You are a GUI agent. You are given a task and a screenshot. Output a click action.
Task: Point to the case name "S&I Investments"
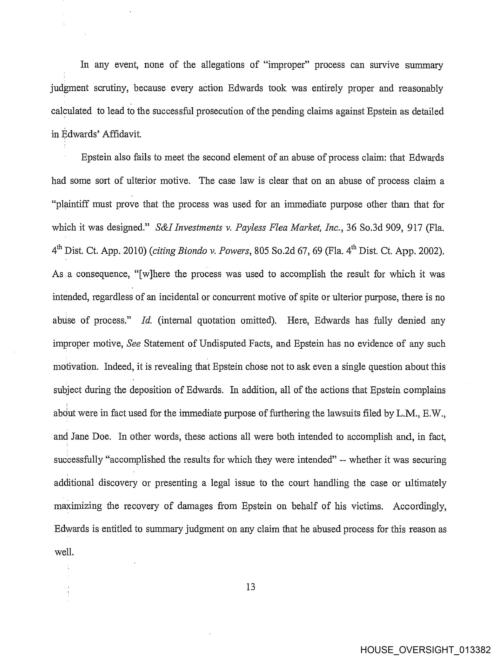pos(189,228)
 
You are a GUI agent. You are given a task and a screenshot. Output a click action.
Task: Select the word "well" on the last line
pos(63,552)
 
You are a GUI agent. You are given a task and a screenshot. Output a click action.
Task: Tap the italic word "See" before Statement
pos(134,344)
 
